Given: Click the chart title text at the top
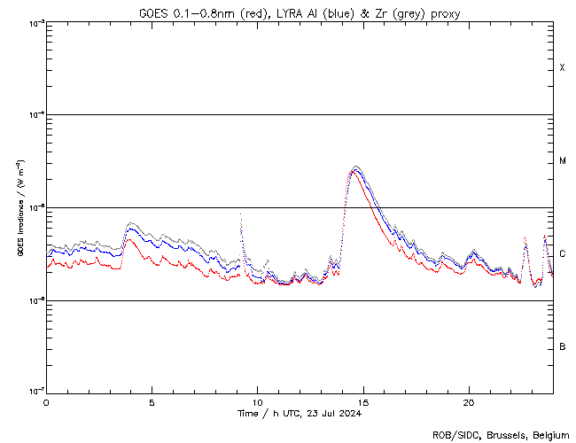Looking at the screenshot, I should pos(300,13).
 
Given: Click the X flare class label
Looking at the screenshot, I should pos(562,68).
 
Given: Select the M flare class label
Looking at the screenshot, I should pos(562,161).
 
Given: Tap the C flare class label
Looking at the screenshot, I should pos(562,254).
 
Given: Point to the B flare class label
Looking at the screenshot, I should pos(562,346).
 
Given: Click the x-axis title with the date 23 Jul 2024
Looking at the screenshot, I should pos(300,414).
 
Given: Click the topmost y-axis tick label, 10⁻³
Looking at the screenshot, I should pos(34,23).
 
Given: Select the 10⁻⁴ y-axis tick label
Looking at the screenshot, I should pos(34,115).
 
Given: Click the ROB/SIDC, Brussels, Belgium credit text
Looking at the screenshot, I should pos(501,435).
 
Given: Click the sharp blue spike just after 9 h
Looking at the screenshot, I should pos(241,215).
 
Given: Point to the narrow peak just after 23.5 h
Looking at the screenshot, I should pos(544,236).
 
